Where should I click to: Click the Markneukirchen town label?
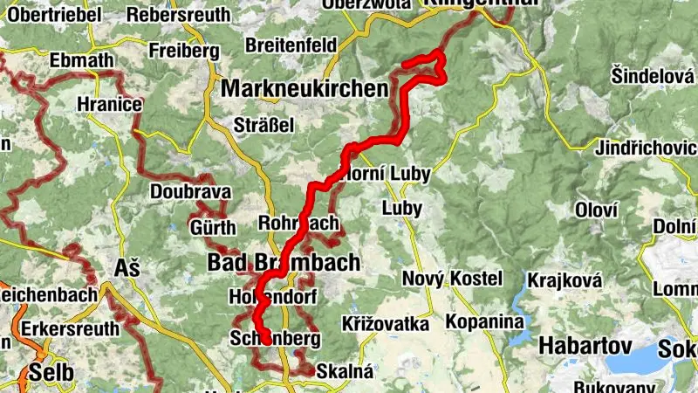[x=305, y=88]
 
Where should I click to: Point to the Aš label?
[x=127, y=268]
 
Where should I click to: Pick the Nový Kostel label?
[x=452, y=279]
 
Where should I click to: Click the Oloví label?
[x=597, y=210]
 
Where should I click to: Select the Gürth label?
[x=213, y=229]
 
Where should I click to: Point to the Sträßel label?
[x=263, y=125]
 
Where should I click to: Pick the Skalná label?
[x=345, y=371]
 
